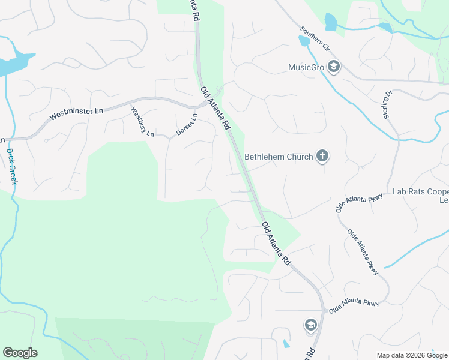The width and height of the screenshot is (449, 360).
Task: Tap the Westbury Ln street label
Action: click(142, 122)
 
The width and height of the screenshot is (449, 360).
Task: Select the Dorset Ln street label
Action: click(186, 124)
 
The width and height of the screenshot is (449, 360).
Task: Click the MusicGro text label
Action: click(306, 67)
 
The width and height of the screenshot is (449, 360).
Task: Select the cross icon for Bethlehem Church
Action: click(322, 157)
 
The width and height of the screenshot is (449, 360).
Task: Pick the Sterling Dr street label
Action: click(388, 104)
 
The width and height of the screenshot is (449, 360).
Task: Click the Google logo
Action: click(20, 353)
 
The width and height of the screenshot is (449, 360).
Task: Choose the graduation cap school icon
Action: click(310, 325)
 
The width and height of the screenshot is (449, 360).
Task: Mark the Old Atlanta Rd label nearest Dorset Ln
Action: click(215, 108)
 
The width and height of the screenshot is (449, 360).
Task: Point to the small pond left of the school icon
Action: click(286, 344)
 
